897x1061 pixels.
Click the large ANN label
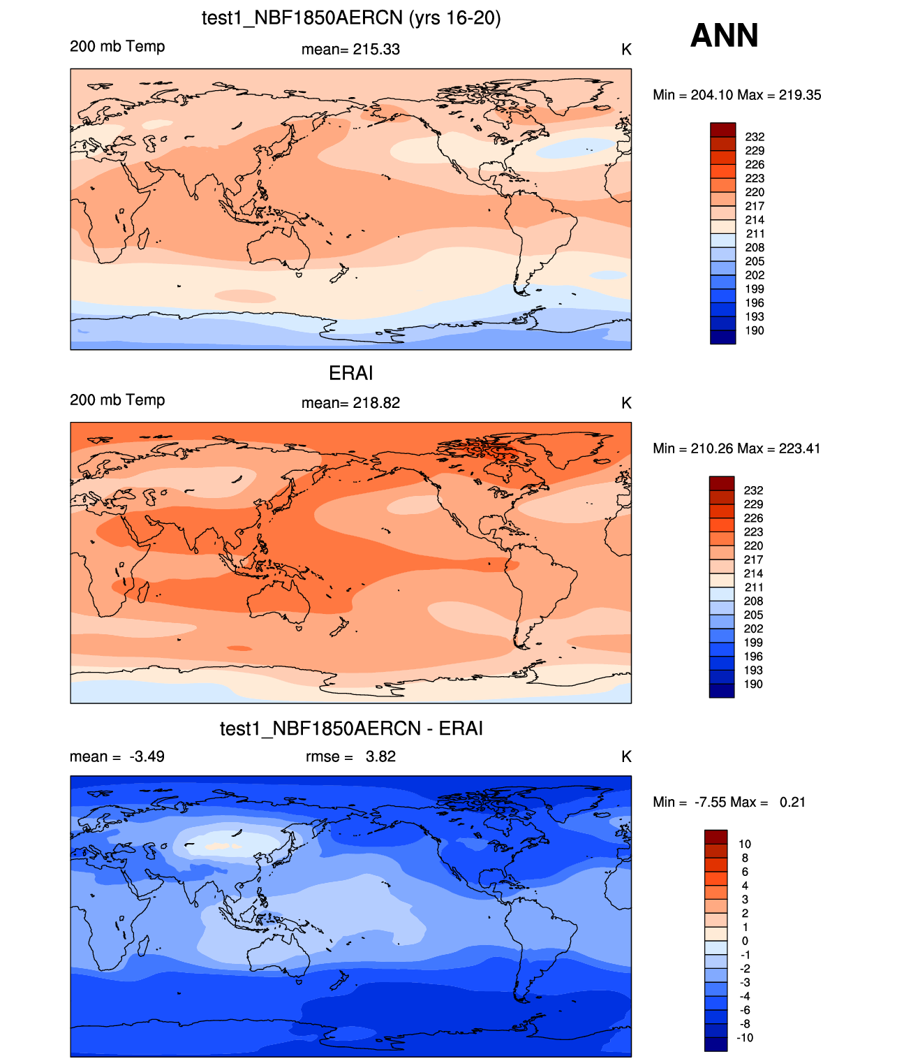(724, 36)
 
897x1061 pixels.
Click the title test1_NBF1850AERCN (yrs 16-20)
(351, 17)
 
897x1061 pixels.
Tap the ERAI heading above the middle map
(350, 373)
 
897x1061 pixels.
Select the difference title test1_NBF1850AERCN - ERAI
(351, 729)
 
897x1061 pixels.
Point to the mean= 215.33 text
(350, 50)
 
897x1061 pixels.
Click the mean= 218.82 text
(350, 403)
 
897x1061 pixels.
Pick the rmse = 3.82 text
(350, 756)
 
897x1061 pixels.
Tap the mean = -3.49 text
(117, 756)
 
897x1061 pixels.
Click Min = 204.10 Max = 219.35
(736, 95)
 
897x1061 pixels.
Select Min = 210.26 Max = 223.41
(736, 448)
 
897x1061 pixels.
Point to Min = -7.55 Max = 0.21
(729, 802)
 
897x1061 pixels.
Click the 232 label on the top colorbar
(755, 137)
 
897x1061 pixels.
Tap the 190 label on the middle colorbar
(753, 684)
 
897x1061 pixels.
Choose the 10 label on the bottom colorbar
(745, 844)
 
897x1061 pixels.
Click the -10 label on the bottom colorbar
(745, 1037)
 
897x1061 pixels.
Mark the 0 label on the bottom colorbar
(745, 941)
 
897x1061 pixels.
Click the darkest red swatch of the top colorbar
(722, 129)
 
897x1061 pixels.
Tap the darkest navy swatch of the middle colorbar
(722, 690)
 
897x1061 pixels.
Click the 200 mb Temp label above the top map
(117, 47)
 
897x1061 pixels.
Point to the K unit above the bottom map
(626, 756)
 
